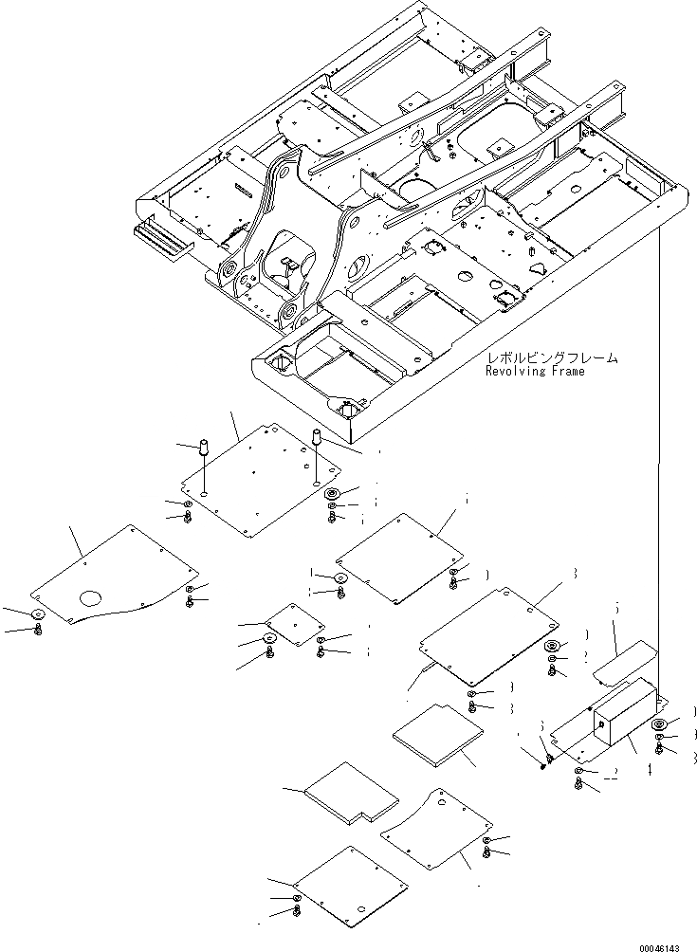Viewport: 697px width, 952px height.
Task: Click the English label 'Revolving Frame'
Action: pyautogui.click(x=535, y=372)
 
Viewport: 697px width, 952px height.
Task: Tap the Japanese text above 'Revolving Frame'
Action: pyautogui.click(x=551, y=358)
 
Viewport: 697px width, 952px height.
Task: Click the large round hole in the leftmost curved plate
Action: pyautogui.click(x=91, y=597)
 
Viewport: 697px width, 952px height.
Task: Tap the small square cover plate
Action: pyautogui.click(x=294, y=626)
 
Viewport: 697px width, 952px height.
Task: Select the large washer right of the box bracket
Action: pyautogui.click(x=660, y=728)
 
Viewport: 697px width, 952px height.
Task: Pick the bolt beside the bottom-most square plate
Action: pyautogui.click(x=297, y=911)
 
